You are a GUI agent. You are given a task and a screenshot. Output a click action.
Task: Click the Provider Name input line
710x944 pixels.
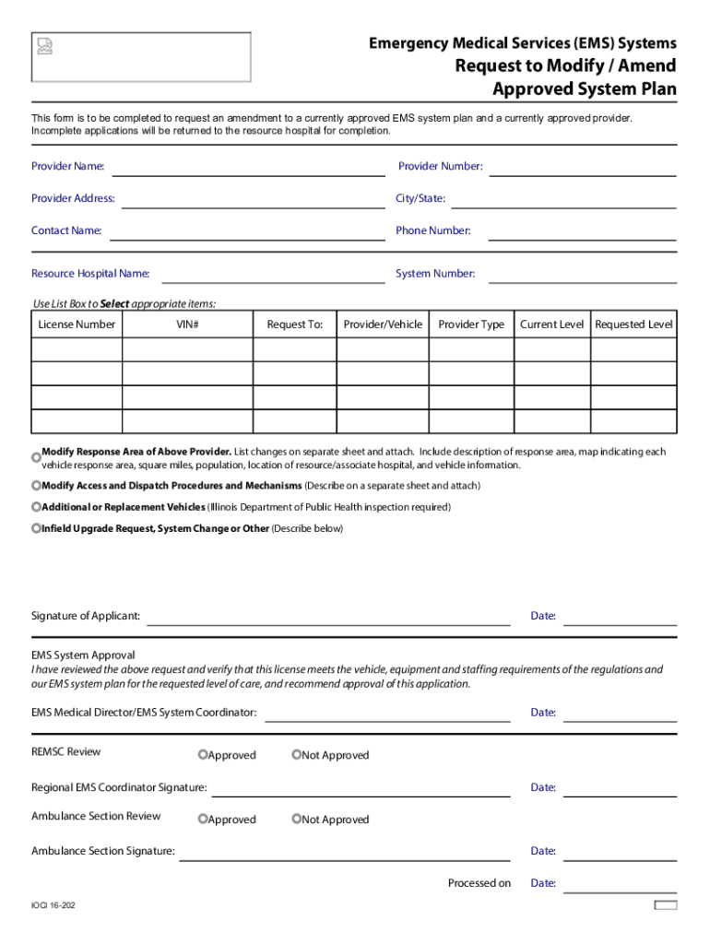click(248, 167)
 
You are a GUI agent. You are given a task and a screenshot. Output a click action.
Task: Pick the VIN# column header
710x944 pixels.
click(188, 324)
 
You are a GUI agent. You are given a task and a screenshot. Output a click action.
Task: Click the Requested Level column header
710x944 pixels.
click(633, 324)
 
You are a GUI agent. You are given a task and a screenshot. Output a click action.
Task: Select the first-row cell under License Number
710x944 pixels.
click(77, 349)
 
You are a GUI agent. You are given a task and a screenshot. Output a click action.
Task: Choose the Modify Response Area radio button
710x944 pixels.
click(36, 457)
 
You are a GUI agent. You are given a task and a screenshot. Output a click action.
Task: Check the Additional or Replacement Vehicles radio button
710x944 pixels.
click(36, 507)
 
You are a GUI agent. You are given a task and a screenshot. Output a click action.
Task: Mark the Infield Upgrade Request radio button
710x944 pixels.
click(36, 528)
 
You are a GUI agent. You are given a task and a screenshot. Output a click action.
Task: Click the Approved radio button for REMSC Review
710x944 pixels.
click(203, 755)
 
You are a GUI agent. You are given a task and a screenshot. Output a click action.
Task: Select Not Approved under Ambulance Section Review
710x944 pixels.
click(297, 820)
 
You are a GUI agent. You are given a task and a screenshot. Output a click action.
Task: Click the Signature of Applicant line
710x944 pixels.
click(328, 617)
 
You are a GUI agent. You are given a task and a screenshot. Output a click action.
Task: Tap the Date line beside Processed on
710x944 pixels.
click(620, 884)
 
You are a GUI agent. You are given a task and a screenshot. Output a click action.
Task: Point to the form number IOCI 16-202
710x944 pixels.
click(53, 906)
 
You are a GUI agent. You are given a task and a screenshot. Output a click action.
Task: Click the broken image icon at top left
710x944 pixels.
click(44, 46)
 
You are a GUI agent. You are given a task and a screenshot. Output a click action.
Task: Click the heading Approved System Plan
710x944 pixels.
click(584, 89)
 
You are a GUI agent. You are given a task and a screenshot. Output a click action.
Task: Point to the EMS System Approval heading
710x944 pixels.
click(83, 655)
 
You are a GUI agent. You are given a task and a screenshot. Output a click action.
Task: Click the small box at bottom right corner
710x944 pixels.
click(665, 905)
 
